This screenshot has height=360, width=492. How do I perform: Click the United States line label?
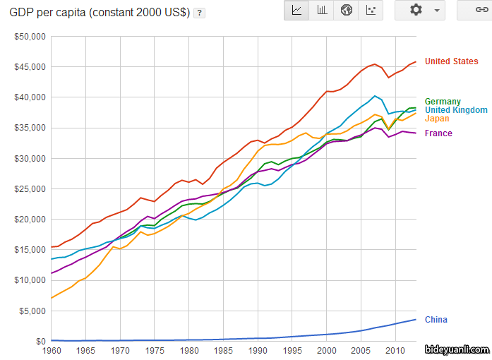coord(451,61)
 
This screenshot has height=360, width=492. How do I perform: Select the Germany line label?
coord(443,102)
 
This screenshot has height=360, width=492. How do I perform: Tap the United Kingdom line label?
coord(456,110)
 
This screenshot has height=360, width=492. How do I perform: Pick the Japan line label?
coord(437,119)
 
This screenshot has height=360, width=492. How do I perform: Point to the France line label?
coord(438,133)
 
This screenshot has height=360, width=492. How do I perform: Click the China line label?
coord(436,320)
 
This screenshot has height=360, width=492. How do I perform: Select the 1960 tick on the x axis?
coord(52,350)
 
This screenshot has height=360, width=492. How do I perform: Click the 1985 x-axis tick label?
coord(223,350)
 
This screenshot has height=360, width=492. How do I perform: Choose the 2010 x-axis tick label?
coord(395,350)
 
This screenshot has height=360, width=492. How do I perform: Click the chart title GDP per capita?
coord(100,13)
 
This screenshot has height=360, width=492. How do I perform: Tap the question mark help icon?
coord(200,13)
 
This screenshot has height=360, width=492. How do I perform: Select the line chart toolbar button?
coord(296,10)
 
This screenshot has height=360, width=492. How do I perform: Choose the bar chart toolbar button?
coord(322,10)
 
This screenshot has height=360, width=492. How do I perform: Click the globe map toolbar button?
coord(347,10)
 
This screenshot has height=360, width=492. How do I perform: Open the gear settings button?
coord(421,10)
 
